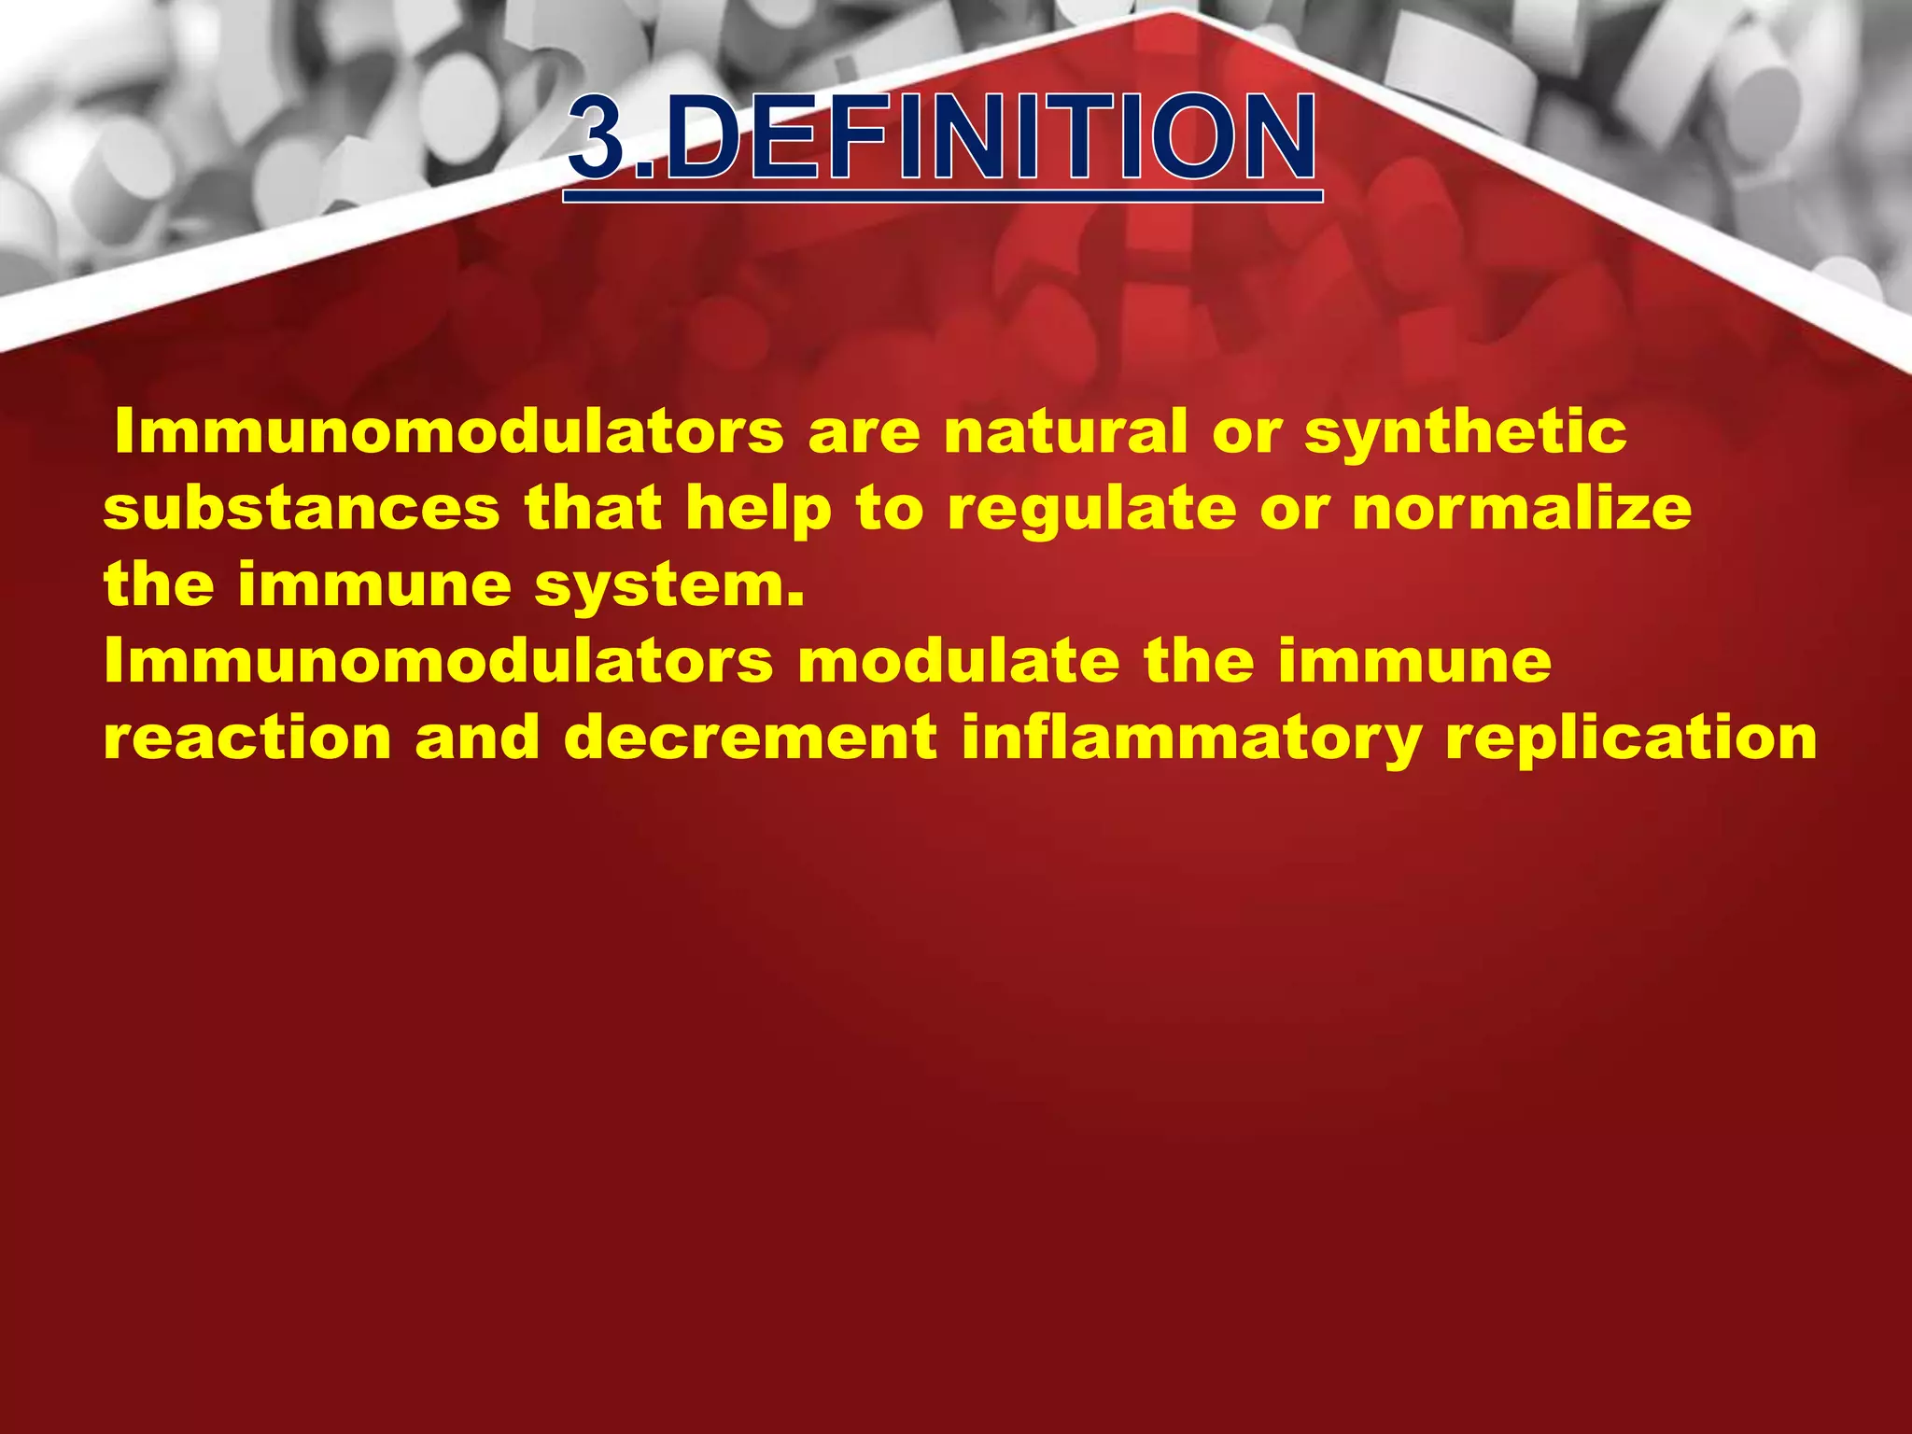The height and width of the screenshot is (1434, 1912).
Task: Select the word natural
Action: point(1065,431)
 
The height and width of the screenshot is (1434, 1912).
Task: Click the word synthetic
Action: point(1465,433)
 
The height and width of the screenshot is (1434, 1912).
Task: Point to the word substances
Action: point(302,509)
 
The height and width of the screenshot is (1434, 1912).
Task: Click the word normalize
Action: point(1522,509)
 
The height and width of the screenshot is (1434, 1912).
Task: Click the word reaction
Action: point(247,738)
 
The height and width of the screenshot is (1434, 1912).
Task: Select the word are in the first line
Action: point(865,433)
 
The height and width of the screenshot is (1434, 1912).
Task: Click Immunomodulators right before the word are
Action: point(448,431)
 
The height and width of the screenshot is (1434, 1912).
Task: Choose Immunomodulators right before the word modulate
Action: point(439,661)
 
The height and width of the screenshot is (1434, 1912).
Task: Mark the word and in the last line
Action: point(477,738)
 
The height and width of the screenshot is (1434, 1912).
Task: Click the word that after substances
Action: point(593,509)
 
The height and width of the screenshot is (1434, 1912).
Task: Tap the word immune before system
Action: point(374,585)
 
